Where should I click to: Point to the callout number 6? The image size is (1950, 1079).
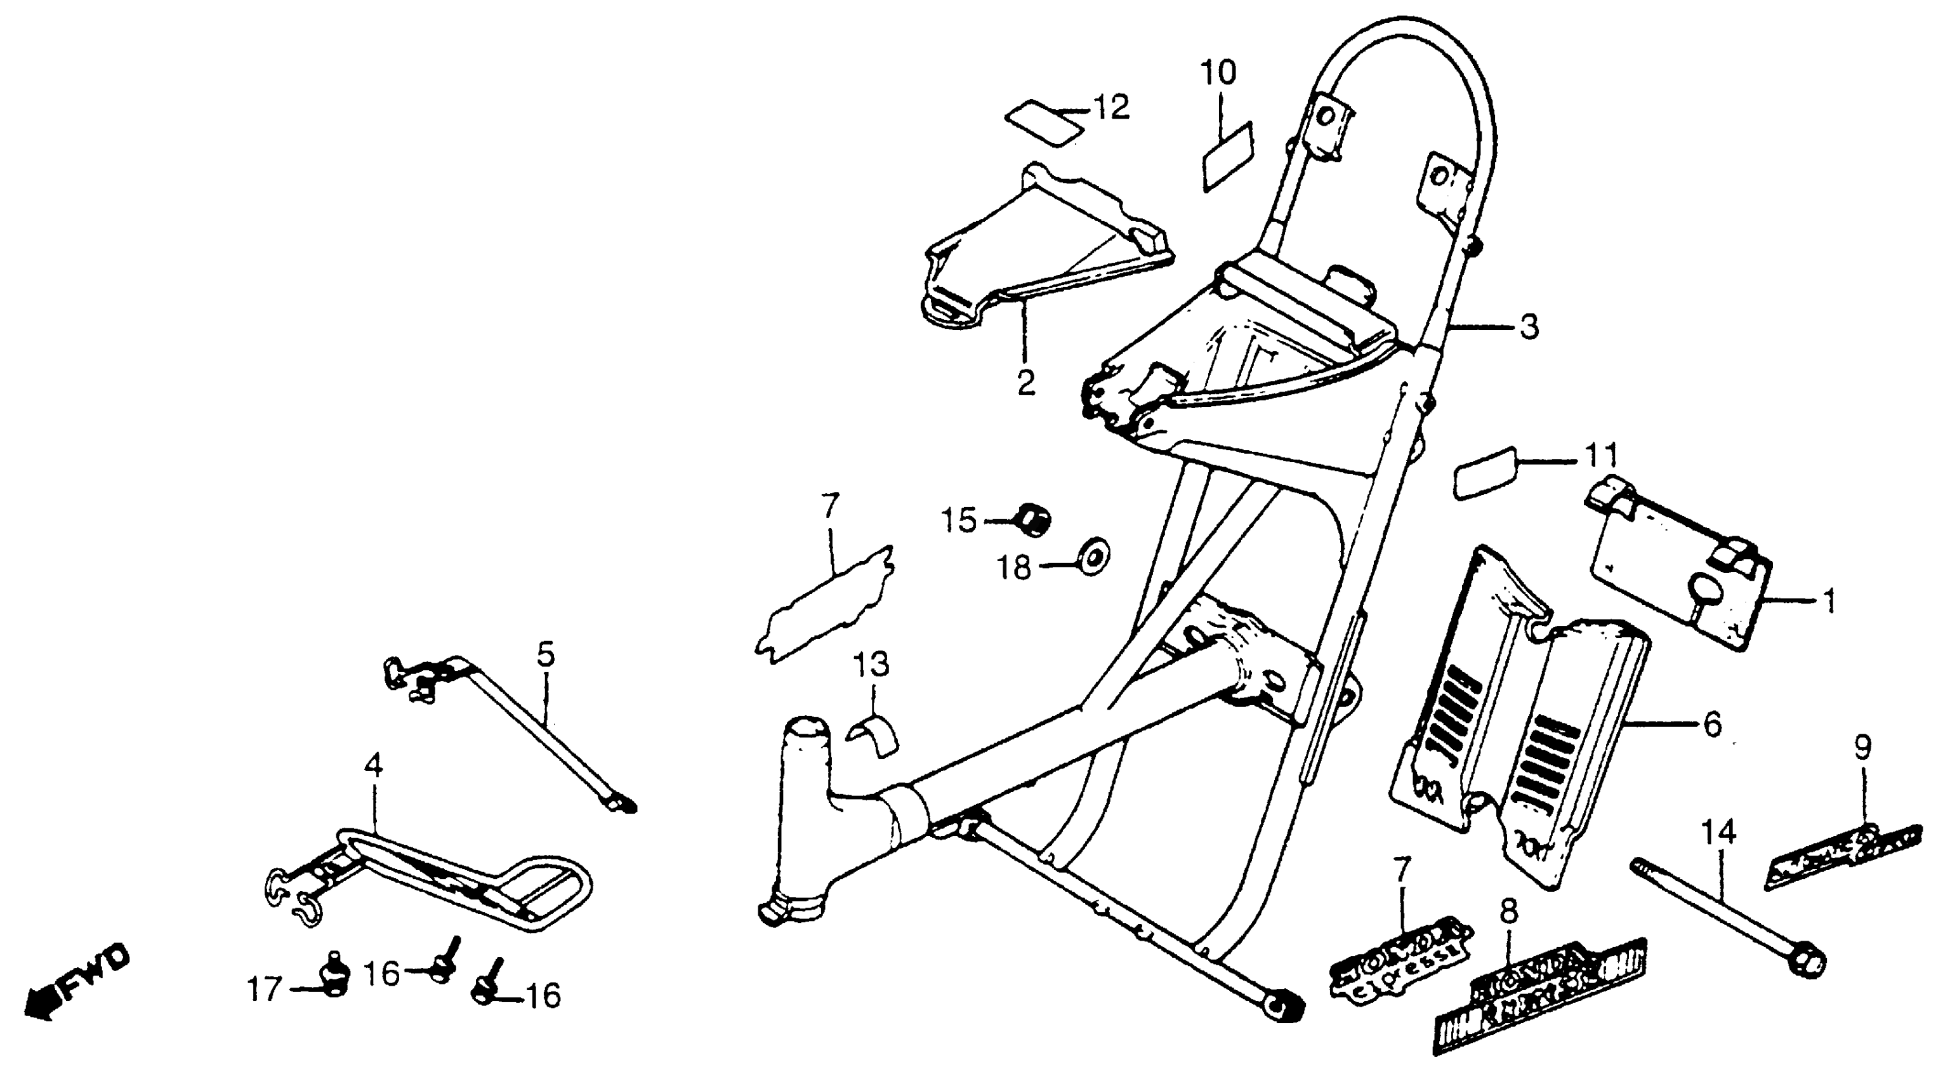1711,725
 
